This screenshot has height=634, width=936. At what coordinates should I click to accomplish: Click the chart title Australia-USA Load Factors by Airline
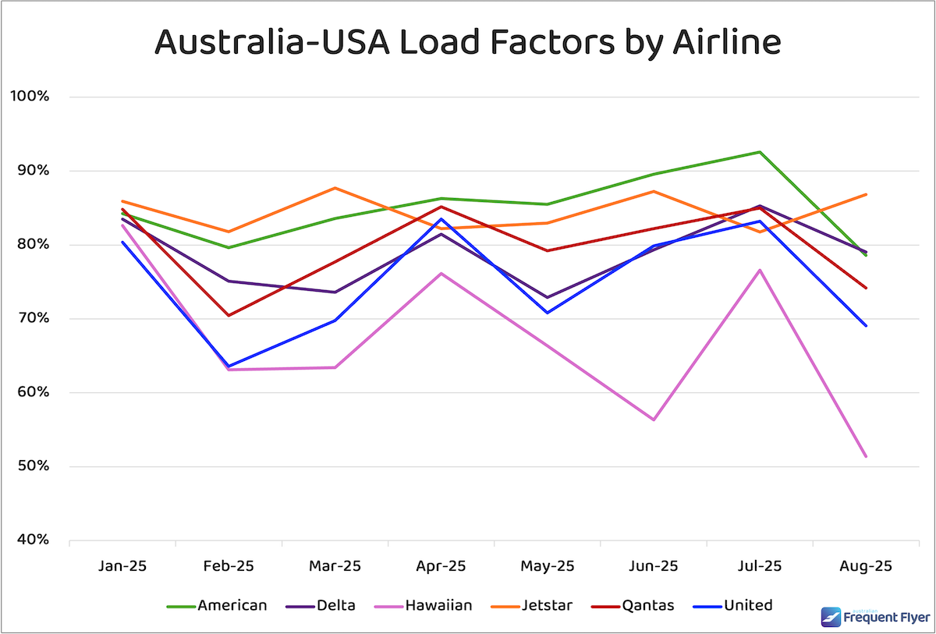[x=467, y=42]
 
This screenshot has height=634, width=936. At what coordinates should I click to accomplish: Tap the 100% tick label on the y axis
[x=30, y=97]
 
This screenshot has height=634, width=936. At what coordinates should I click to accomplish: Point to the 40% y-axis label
[x=33, y=540]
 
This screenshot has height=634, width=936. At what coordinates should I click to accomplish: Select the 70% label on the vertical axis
[x=33, y=318]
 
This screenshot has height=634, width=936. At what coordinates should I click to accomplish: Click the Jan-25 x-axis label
[x=122, y=566]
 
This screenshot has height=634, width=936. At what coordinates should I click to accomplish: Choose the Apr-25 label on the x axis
[x=441, y=566]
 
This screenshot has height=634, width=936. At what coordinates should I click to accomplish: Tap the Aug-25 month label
[x=866, y=566]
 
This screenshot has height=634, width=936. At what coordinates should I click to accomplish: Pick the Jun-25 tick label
[x=653, y=566]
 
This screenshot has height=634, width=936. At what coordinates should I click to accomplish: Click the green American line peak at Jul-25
[x=760, y=152]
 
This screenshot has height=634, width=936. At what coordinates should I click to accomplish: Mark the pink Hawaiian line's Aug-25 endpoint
[x=866, y=456]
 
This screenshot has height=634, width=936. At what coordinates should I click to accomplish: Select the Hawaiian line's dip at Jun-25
[x=653, y=420]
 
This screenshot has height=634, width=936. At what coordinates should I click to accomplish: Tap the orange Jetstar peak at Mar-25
[x=335, y=188]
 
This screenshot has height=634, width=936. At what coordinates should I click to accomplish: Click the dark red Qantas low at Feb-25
[x=229, y=315]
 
